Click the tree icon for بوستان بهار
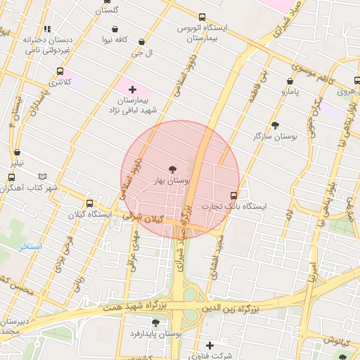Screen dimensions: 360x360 click(173, 169)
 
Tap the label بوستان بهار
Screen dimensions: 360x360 click(172, 181)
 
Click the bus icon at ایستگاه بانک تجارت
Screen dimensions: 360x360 click(233, 195)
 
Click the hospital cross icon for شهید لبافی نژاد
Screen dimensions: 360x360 click(133, 89)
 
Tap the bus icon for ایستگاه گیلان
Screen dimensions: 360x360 click(89, 202)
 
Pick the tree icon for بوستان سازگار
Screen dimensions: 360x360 click(275, 124)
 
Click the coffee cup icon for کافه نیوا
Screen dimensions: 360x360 click(114, 30)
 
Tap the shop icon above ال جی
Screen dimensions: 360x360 click(142, 42)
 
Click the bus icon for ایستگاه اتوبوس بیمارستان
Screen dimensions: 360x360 click(202, 17)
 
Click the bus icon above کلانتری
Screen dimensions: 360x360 click(60, 71)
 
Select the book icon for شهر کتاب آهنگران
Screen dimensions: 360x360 click(43, 176)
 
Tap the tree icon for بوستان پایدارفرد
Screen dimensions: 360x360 click(155, 323)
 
